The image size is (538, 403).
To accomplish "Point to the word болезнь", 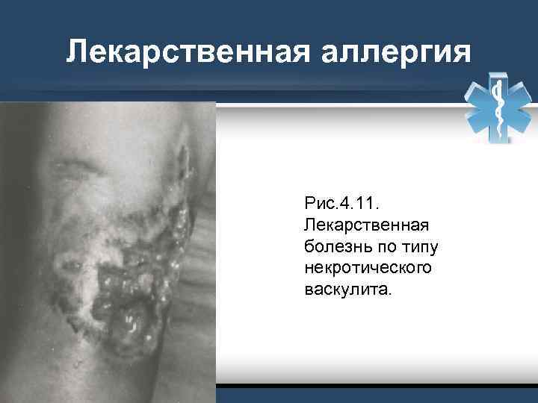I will [334, 246].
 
